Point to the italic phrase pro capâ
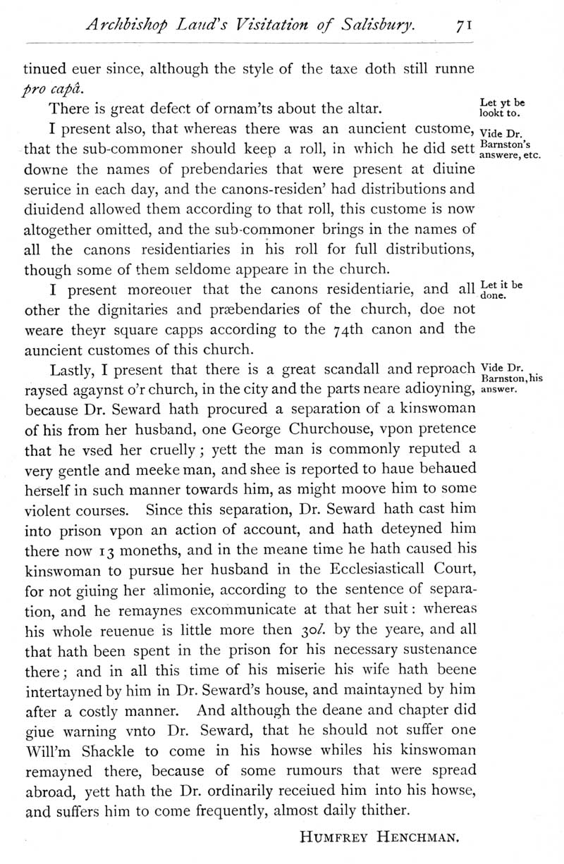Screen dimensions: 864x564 click(49, 90)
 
